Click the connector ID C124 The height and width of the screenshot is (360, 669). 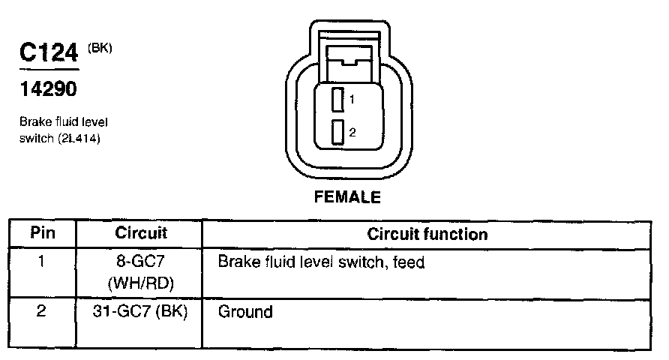[x=49, y=54]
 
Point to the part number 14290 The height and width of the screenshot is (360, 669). [x=47, y=90]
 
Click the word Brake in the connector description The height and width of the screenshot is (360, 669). [x=34, y=121]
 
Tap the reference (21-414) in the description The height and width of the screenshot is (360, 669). [x=78, y=139]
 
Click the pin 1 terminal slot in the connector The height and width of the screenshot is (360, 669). [x=337, y=98]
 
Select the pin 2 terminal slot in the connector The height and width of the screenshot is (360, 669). [x=337, y=132]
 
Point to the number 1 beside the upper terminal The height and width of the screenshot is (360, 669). [x=351, y=99]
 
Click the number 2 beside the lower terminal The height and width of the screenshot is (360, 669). [x=352, y=132]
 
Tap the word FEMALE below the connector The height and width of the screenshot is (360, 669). [x=347, y=198]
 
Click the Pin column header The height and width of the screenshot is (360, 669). [x=42, y=233]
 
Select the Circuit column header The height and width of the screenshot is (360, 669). [x=141, y=233]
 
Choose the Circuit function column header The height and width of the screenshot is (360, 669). [x=427, y=234]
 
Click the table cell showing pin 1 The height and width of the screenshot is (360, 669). [x=42, y=263]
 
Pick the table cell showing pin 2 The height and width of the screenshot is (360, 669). [x=42, y=310]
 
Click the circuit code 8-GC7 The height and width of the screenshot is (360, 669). [x=141, y=263]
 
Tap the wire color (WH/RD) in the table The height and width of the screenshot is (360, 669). [x=141, y=283]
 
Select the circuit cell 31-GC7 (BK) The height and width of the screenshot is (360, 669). [x=141, y=311]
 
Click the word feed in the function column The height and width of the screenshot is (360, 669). [x=409, y=263]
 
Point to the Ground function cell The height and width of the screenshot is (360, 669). [x=244, y=311]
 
